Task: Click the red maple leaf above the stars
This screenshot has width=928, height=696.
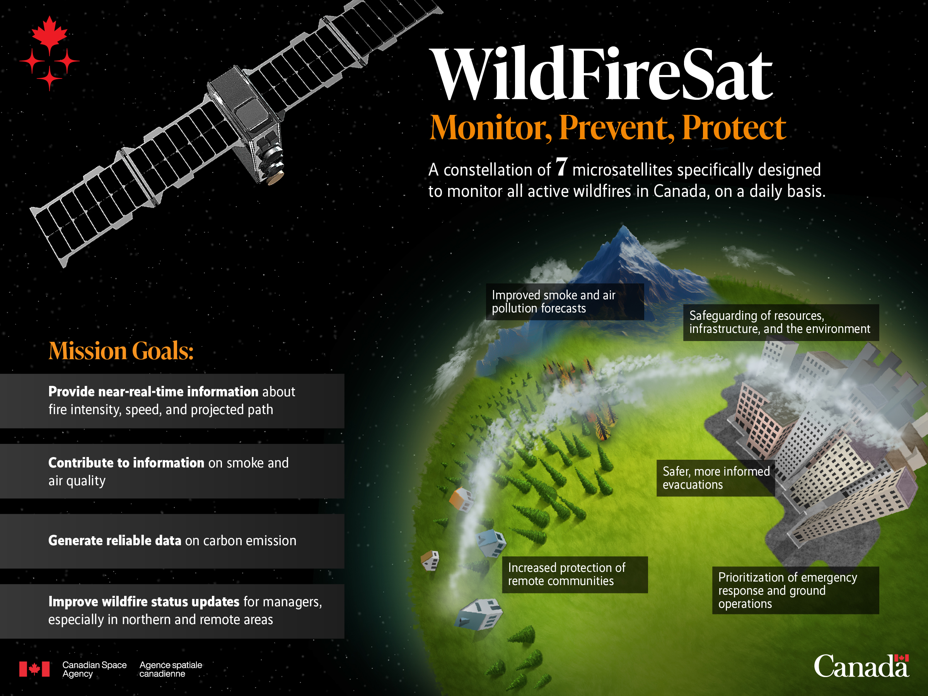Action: tap(49, 33)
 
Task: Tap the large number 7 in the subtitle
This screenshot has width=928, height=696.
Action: tap(562, 167)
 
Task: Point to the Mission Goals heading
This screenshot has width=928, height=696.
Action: tap(121, 351)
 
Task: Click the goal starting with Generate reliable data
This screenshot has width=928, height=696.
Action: tap(172, 541)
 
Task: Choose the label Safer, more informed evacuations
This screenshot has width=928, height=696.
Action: tap(716, 478)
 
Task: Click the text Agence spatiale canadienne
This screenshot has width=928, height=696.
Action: tap(171, 669)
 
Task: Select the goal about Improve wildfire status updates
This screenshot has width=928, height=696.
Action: tap(185, 611)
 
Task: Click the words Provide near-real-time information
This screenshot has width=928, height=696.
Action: tap(153, 391)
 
